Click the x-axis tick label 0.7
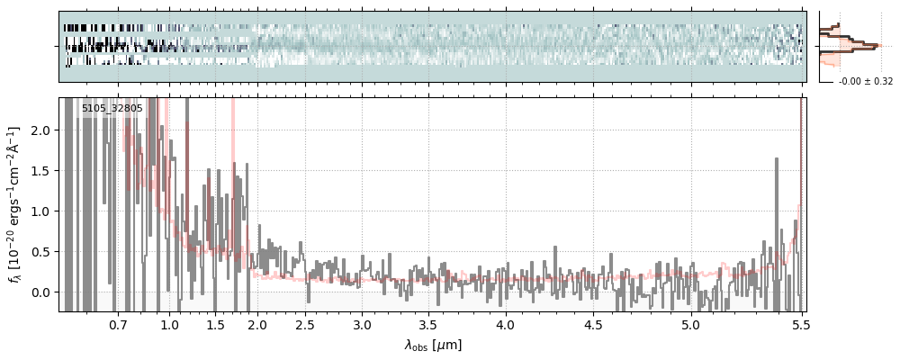point(118,323)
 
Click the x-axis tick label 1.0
point(169,323)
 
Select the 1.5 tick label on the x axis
point(214,323)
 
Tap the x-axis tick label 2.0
point(258,323)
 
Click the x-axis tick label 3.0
point(362,323)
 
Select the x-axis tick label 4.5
point(597,323)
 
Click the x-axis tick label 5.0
point(690,323)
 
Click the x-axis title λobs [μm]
point(433,345)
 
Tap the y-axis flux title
point(15,204)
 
